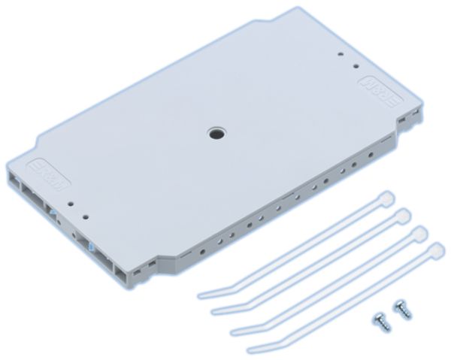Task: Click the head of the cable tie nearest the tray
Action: click(386, 198)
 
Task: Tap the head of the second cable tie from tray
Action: click(402, 215)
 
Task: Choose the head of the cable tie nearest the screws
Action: click(435, 250)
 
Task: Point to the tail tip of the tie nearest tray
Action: click(201, 295)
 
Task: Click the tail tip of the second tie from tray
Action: click(215, 310)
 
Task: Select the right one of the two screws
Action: click(403, 309)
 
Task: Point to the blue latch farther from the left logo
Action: click(91, 246)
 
